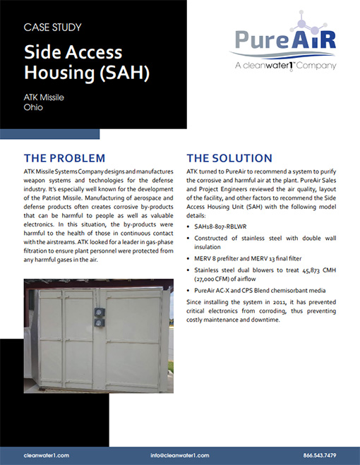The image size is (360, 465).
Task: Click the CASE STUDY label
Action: (52, 28)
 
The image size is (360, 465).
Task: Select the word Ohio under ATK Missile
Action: (32, 107)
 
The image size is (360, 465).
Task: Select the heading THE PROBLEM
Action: (64, 157)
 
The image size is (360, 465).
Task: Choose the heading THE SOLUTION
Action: (229, 157)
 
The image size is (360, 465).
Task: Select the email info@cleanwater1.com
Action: (180, 455)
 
